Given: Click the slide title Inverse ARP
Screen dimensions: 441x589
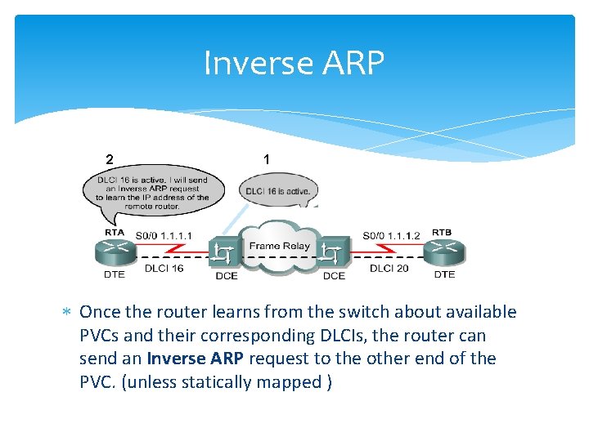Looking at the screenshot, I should [x=294, y=63].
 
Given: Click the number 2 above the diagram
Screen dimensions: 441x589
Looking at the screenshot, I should [x=109, y=158].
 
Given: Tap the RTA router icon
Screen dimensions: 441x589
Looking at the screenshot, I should [x=114, y=252].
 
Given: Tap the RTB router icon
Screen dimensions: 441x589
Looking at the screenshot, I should [x=444, y=252].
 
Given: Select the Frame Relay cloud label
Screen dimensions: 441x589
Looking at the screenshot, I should [x=279, y=245].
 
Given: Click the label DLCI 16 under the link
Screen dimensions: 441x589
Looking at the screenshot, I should [x=164, y=268].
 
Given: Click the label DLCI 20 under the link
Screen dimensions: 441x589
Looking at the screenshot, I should [x=389, y=268].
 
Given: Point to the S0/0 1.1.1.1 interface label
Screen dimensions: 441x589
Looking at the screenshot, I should [x=164, y=236].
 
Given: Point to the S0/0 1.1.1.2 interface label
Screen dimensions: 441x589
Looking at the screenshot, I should [x=391, y=236].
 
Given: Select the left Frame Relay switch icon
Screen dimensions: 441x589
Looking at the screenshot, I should [x=223, y=253].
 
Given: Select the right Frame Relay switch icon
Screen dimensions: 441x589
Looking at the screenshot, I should [x=333, y=253].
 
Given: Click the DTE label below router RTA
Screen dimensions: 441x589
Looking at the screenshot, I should [x=115, y=274].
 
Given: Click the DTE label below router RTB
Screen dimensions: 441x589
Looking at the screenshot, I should [x=444, y=274].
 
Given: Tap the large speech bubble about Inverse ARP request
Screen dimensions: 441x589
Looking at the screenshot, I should [x=151, y=193].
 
